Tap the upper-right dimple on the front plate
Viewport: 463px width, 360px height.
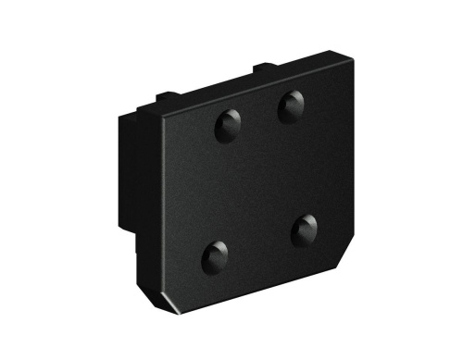pos(294,107)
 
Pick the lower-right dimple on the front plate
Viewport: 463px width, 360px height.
pos(305,230)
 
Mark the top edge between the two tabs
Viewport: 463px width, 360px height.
pos(213,84)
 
